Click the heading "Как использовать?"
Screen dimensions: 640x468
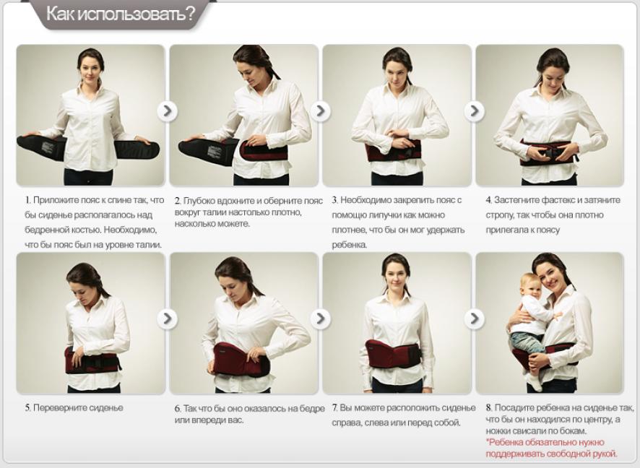pos(121,14)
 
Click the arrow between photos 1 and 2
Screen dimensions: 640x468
pos(168,111)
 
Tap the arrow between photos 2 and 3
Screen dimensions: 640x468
pos(321,111)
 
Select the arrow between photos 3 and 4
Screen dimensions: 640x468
pos(475,111)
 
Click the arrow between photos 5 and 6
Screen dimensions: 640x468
pos(168,318)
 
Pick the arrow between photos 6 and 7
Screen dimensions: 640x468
pos(321,318)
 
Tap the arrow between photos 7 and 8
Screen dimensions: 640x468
pos(475,318)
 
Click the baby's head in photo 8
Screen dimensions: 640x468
pos(530,285)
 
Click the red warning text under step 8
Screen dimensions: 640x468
pos(551,448)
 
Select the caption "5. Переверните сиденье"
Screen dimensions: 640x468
pos(74,407)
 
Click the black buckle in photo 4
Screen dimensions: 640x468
pos(548,153)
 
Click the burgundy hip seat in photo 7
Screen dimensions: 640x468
pos(392,354)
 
